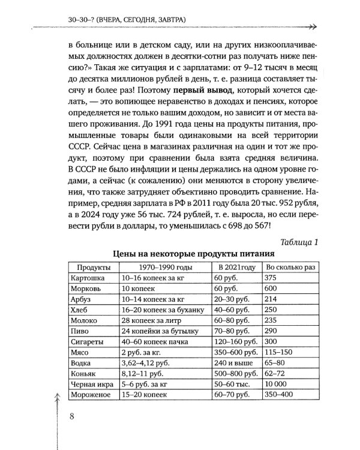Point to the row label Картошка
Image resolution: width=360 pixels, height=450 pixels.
point(89,278)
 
